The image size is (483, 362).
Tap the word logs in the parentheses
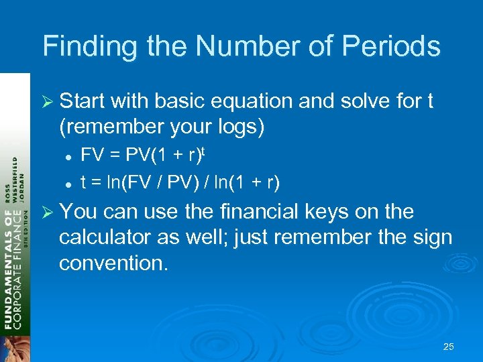click(x=238, y=126)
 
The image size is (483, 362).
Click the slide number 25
click(x=449, y=347)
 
